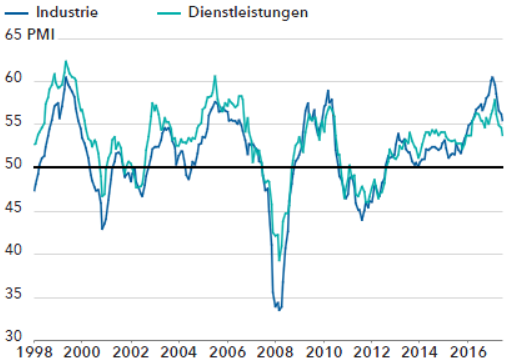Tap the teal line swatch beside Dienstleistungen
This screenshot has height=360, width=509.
tap(171, 14)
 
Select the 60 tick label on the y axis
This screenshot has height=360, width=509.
tap(12, 79)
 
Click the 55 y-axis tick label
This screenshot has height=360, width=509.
tap(12, 123)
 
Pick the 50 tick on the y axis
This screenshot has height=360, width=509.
tap(12, 166)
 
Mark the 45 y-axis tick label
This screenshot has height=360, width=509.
tap(12, 210)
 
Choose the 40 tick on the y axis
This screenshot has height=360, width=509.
tap(12, 253)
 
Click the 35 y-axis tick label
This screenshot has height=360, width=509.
tap(12, 297)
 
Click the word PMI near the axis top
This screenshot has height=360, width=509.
tap(41, 37)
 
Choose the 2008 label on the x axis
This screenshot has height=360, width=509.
tap(275, 352)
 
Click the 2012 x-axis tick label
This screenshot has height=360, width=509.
tap(371, 352)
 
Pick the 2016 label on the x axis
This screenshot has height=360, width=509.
tap(468, 352)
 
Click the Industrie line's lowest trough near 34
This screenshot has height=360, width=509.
tap(279, 309)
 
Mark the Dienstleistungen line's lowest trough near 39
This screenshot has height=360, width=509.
tap(279, 261)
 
